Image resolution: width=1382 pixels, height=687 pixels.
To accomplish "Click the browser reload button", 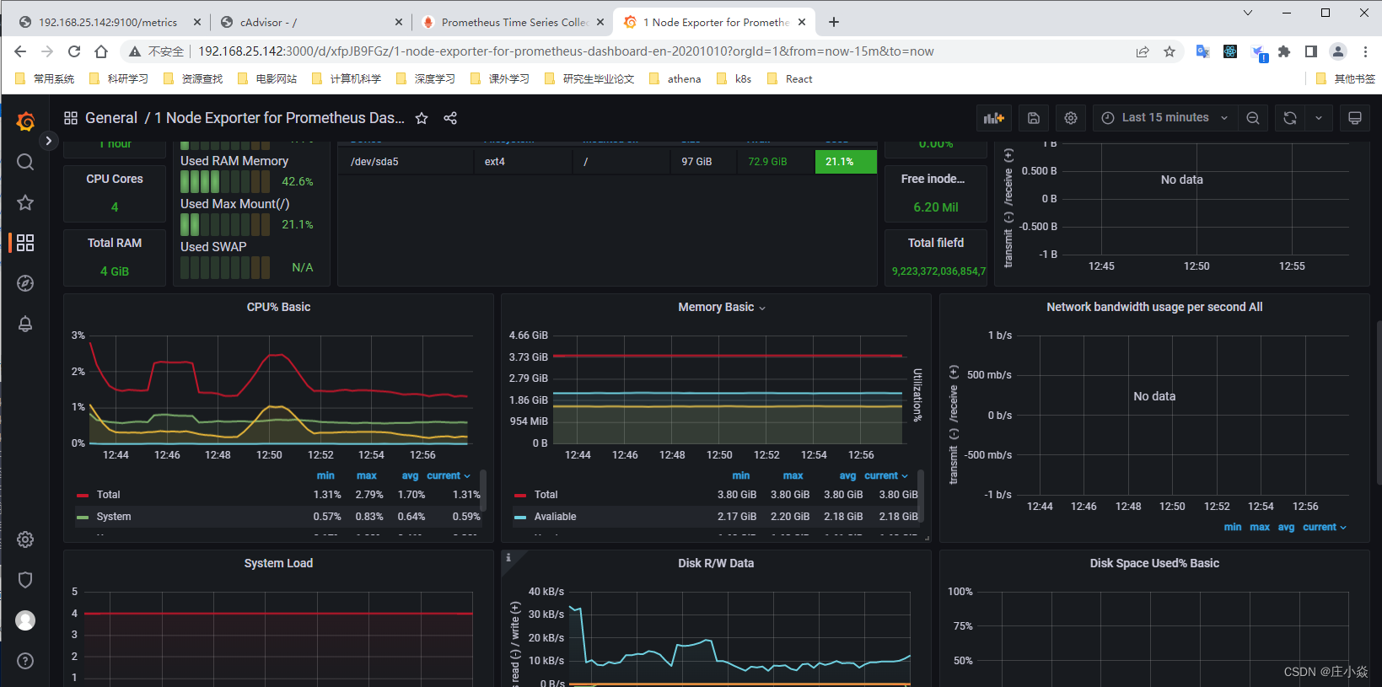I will (x=74, y=51).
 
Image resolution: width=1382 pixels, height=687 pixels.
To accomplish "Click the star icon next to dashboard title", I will (x=422, y=118).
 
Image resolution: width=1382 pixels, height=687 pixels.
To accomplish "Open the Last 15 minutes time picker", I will (x=1165, y=118).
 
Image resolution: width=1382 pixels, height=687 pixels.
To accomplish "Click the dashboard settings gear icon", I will (x=1071, y=118).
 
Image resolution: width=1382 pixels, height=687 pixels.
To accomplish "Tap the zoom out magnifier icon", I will (x=1253, y=118).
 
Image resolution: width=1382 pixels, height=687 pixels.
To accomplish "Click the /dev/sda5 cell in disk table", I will (x=374, y=162).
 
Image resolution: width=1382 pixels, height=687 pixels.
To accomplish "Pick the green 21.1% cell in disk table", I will (x=845, y=162).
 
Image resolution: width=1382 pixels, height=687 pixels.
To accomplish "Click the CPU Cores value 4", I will (x=115, y=207).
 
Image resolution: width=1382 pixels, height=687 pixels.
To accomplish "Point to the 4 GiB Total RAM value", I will (x=115, y=271).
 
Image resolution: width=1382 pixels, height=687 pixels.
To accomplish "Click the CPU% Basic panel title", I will (x=278, y=308).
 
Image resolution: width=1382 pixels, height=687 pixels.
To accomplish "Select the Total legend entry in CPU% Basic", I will (x=108, y=495).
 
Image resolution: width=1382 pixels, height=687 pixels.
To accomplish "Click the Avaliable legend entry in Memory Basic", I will (x=555, y=517).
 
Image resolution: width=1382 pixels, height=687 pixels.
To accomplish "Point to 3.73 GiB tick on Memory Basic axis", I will (x=528, y=357).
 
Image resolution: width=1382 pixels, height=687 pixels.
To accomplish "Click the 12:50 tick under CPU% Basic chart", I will (x=269, y=455).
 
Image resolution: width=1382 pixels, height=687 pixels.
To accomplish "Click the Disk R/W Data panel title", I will (x=716, y=563).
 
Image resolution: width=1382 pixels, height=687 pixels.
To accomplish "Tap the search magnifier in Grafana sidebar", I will (x=25, y=162).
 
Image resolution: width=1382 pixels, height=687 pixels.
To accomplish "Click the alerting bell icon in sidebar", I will (x=25, y=324).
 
